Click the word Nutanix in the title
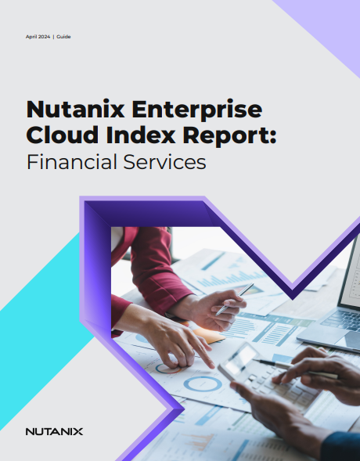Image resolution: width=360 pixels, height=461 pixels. point(76,109)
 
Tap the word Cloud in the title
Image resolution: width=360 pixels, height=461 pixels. point(63,135)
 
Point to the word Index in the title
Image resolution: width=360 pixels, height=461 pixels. point(141,135)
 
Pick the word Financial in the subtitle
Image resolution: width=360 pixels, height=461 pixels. point(72,162)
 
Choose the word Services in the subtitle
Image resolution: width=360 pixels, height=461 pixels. point(164,162)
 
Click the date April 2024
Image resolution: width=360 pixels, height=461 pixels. point(38,37)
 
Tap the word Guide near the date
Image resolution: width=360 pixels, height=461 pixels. point(63,37)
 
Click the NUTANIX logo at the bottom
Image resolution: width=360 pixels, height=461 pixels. point(54,431)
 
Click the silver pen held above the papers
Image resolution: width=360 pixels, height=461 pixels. point(235,299)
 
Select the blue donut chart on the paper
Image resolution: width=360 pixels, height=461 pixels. point(203,384)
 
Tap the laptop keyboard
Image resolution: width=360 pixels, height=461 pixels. point(342,319)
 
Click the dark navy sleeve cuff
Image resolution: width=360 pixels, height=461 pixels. point(341,446)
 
